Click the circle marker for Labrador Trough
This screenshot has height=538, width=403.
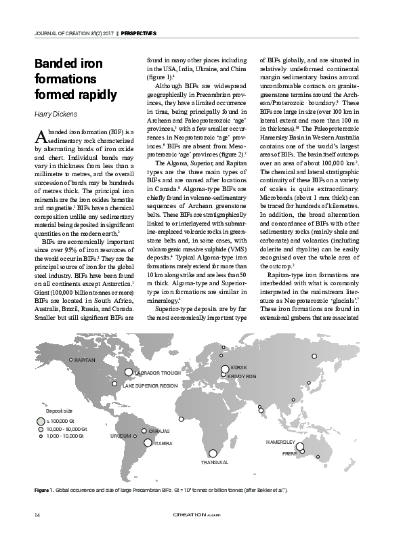coord(129,371)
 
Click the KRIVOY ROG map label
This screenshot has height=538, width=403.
coord(242,375)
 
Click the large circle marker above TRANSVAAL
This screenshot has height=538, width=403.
coord(213,453)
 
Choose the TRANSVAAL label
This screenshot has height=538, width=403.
coord(215,462)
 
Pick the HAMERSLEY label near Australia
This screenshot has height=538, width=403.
coord(280,441)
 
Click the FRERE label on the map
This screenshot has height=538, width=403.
coord(289,452)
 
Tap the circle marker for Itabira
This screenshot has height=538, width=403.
coord(148,442)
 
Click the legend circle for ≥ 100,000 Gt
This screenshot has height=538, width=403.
coord(41,421)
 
